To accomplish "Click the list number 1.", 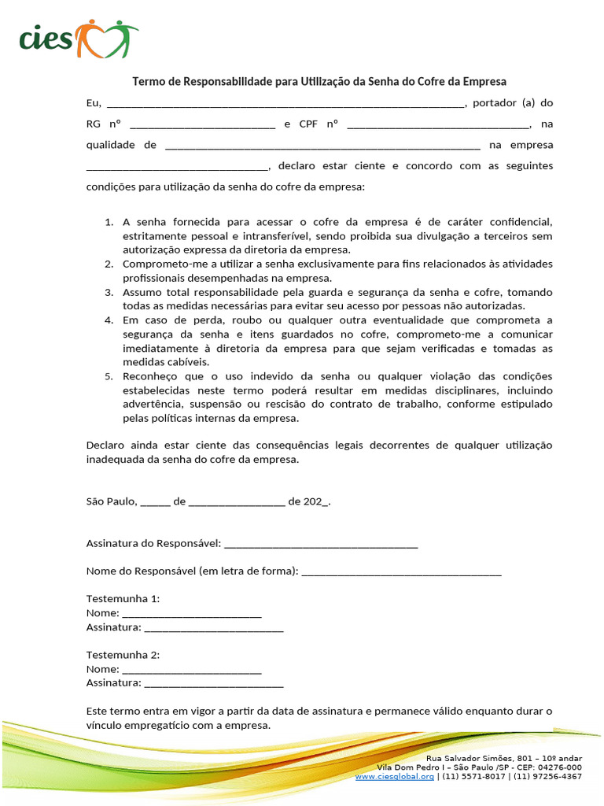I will coord(109,222).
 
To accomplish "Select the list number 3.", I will coord(109,292).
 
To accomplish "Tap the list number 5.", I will coord(109,376).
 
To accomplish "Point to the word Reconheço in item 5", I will coord(149,376).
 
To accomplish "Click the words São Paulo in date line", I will coord(112,501).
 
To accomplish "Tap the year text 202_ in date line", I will coord(316,501).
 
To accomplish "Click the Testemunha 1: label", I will coord(123,599).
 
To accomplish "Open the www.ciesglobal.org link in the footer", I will coord(394,776).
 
